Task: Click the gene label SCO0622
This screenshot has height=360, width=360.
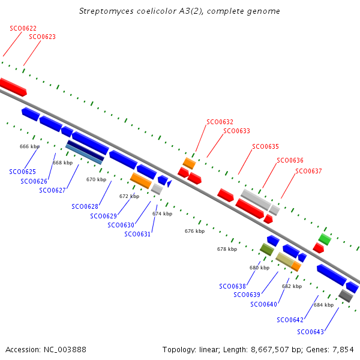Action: (23, 28)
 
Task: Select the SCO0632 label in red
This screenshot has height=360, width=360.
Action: (220, 122)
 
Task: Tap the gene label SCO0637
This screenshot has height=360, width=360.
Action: (308, 171)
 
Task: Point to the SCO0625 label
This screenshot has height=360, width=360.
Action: (23, 172)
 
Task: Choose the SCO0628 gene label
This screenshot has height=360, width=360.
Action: (85, 206)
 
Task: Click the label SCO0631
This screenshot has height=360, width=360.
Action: (137, 234)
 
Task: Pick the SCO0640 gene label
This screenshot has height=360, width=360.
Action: (263, 304)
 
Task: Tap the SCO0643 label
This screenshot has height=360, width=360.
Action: (310, 332)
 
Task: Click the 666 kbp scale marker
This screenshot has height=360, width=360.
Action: (29, 146)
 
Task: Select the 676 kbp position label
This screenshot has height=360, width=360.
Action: (194, 231)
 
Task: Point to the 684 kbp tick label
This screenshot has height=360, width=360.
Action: (324, 305)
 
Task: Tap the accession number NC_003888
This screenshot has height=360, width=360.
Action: (65, 350)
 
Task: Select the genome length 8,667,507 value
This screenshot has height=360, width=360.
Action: (269, 350)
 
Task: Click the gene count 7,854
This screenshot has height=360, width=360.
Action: (343, 350)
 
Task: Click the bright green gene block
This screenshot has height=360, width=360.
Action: (325, 239)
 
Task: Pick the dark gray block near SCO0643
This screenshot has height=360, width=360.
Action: (346, 296)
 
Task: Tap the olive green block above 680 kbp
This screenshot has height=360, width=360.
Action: (267, 250)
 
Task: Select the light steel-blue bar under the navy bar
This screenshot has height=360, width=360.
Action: (84, 154)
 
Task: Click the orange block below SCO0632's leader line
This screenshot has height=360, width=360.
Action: (189, 163)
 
